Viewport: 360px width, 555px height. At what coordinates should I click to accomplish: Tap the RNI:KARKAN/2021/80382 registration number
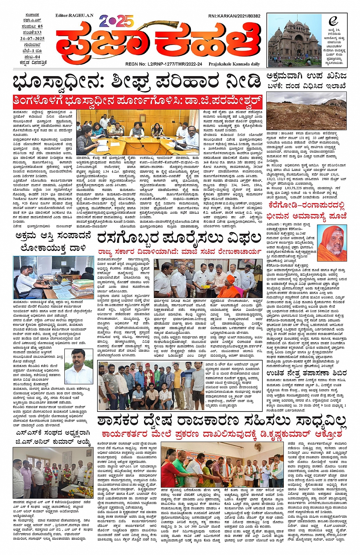tap(234, 16)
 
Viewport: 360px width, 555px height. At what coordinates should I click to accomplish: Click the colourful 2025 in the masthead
tap(116, 21)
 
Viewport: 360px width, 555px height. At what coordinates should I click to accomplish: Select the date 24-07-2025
tap(32, 39)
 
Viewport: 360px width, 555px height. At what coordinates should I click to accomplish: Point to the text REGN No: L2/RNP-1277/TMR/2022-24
tap(163, 64)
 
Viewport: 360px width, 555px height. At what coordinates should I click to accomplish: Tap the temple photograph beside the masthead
tap(294, 40)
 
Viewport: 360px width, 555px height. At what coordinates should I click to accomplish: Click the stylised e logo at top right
tap(333, 21)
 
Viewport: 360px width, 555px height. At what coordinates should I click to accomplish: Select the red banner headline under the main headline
tap(138, 102)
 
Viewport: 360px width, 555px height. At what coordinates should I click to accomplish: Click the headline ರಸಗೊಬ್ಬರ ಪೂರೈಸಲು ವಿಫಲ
tap(179, 238)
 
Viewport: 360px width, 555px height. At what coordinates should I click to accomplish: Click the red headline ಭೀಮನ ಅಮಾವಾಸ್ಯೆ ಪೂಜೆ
tap(306, 216)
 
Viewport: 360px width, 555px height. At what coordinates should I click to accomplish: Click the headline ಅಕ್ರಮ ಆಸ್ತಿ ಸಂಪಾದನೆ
tap(53, 236)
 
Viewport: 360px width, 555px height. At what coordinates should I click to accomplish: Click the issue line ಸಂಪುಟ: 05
tap(32, 27)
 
